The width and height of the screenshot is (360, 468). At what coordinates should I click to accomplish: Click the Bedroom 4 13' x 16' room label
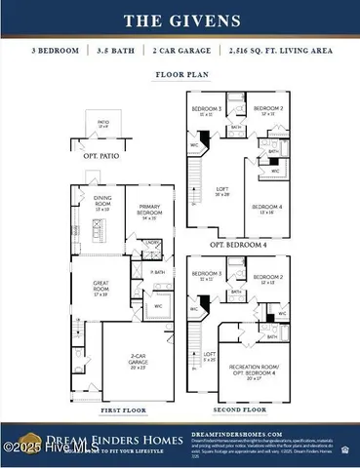(266, 208)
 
